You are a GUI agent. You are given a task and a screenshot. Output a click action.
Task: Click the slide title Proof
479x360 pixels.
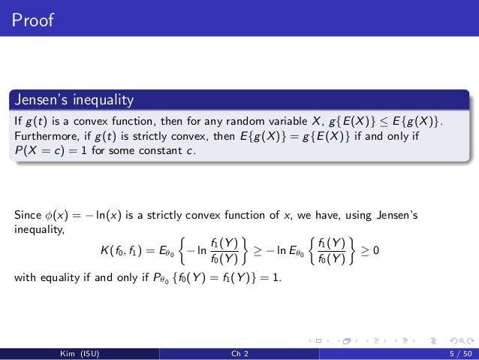pyautogui.click(x=32, y=20)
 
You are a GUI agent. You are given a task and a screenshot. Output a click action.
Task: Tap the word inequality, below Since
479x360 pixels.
pyautogui.click(x=39, y=229)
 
